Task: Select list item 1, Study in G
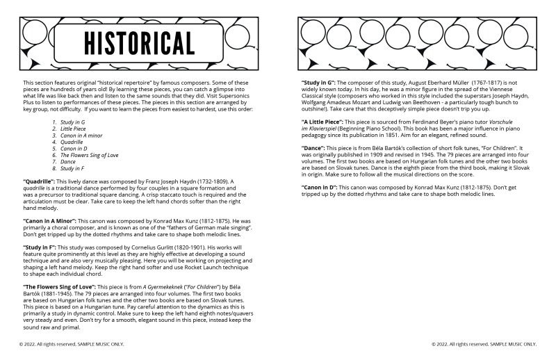(72, 122)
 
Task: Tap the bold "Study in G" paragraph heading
(321, 82)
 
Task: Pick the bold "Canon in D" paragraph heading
(322, 187)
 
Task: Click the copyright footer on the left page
(72, 343)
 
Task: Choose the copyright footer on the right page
(484, 343)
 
